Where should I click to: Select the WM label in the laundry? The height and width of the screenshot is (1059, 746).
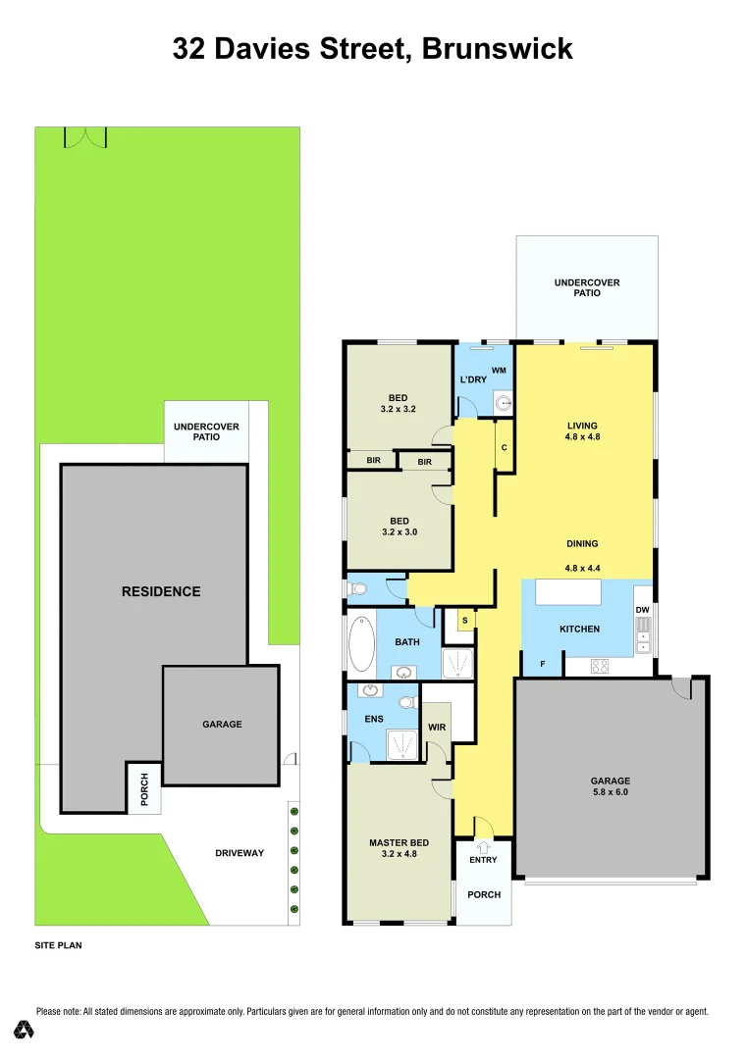pyautogui.click(x=498, y=370)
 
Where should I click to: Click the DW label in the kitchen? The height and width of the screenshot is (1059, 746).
pyautogui.click(x=642, y=610)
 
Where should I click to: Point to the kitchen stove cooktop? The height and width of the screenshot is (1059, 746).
pyautogui.click(x=600, y=667)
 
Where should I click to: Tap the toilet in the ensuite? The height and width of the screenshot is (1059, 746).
pyautogui.click(x=404, y=702)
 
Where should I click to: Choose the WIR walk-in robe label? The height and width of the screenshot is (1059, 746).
pyautogui.click(x=437, y=728)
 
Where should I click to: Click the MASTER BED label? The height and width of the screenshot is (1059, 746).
pyautogui.click(x=399, y=842)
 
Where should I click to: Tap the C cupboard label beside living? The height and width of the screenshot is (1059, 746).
pyautogui.click(x=504, y=447)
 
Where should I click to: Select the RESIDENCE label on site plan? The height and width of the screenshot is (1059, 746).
pyautogui.click(x=161, y=591)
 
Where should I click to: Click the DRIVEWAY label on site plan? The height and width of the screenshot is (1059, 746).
pyautogui.click(x=240, y=853)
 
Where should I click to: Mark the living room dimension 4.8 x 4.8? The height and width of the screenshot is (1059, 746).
pyautogui.click(x=582, y=438)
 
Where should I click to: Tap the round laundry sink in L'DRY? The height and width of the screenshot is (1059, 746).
pyautogui.click(x=503, y=400)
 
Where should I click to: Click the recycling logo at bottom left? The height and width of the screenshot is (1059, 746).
pyautogui.click(x=25, y=1030)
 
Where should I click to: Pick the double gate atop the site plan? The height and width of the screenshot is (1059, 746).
pyautogui.click(x=83, y=137)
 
